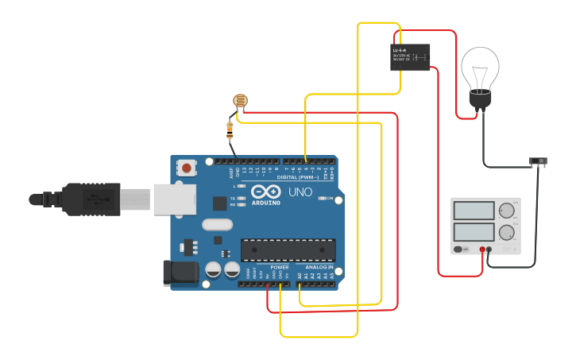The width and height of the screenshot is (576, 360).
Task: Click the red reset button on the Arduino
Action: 187,168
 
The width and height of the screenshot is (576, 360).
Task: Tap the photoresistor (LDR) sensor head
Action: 239,101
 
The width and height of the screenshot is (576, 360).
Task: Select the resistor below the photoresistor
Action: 230,127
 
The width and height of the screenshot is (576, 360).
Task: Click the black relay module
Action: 410,57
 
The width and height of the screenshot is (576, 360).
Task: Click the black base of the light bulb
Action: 480,100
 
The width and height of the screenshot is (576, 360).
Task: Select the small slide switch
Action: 539,161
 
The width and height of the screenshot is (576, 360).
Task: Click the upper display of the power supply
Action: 474,211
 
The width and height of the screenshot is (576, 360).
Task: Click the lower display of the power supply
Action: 474,233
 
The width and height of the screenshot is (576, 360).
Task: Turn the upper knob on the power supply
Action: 506,211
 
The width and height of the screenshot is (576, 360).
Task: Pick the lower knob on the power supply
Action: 506,233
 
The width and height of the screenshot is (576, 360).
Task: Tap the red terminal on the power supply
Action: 481,250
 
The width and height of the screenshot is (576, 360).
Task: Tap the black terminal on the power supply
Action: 489,250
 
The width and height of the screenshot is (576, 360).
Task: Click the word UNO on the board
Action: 300,192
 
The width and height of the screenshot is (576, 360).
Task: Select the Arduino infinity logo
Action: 265,192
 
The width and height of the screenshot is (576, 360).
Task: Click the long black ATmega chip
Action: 288,250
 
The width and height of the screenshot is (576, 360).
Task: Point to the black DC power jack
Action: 180,273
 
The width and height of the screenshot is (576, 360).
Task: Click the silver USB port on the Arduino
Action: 175,198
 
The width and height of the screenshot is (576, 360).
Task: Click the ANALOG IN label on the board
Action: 319,267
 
